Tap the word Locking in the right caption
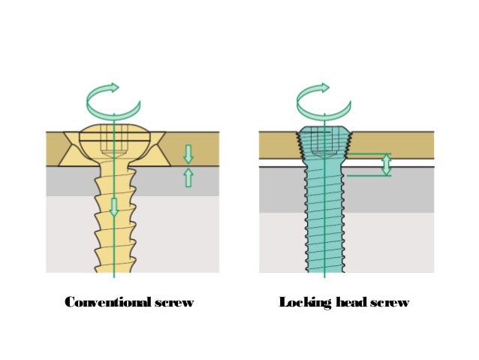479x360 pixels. [x=300, y=303]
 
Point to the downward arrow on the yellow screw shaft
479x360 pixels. [x=113, y=207]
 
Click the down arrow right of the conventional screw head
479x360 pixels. [x=188, y=154]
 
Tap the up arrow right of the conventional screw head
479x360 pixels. [x=188, y=177]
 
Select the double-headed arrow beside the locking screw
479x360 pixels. [x=386, y=165]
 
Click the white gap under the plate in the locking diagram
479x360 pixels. [x=278, y=163]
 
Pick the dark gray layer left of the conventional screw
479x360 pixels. [x=68, y=180]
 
